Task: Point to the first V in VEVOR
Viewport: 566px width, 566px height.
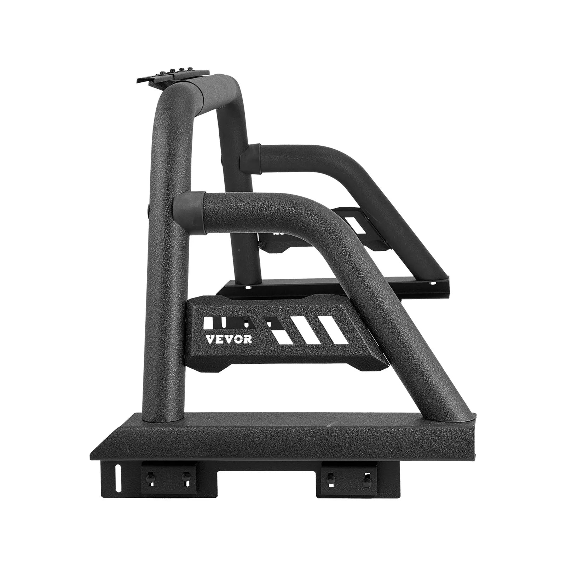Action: tap(210, 339)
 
